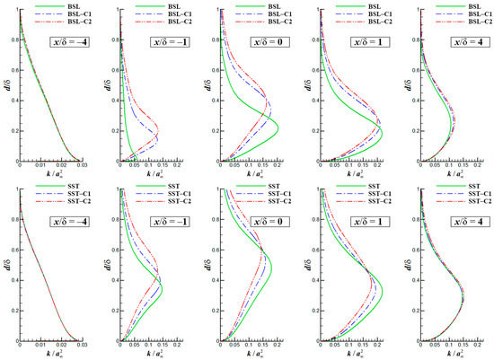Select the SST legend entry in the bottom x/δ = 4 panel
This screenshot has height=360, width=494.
pos(467,185)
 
